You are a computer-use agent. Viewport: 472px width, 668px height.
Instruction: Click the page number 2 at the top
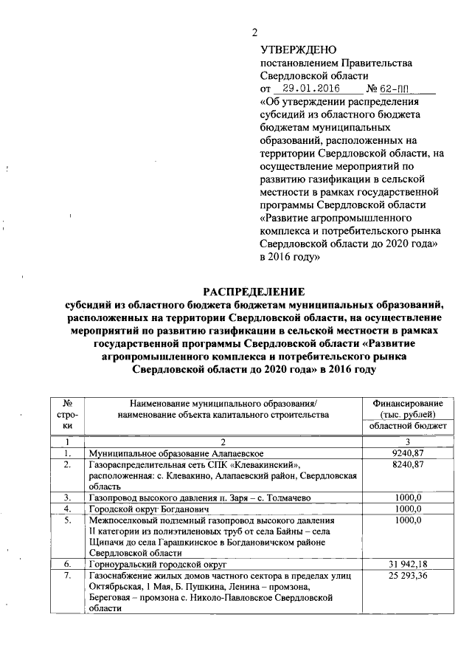click(x=254, y=32)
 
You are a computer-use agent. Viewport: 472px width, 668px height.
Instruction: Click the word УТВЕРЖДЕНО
click(x=298, y=49)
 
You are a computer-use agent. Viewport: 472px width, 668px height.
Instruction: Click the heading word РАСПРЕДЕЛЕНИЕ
click(x=253, y=292)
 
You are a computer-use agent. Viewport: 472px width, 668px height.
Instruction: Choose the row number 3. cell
click(x=67, y=497)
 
